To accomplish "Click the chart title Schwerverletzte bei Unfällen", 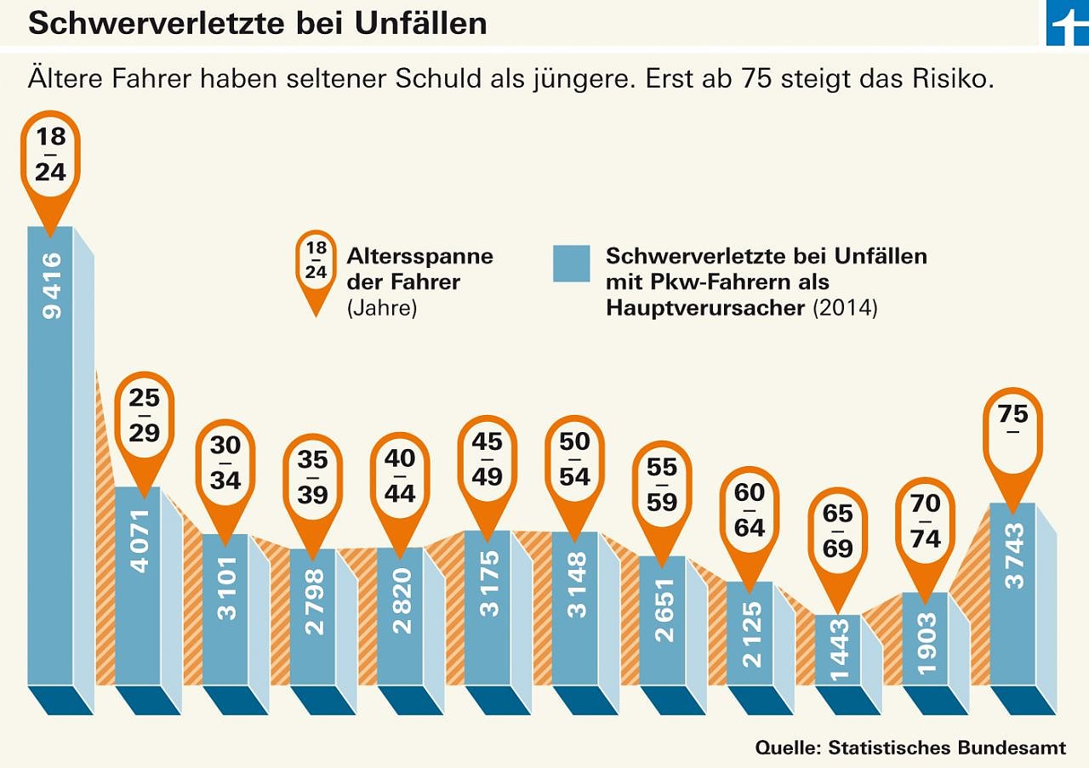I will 257,23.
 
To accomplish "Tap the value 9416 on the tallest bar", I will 52,286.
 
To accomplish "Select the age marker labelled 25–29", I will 144,415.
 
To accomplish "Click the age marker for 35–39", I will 312,477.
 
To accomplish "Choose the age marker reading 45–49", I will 487,459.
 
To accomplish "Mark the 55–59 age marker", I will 662,484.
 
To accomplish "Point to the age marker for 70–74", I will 926,521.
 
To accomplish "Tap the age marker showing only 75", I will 1013,430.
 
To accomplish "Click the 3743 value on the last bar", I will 1014,555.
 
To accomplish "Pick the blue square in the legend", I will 571,264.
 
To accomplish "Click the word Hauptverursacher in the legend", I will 705,307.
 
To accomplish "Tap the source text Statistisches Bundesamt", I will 946,748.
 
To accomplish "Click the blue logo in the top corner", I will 1068,23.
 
